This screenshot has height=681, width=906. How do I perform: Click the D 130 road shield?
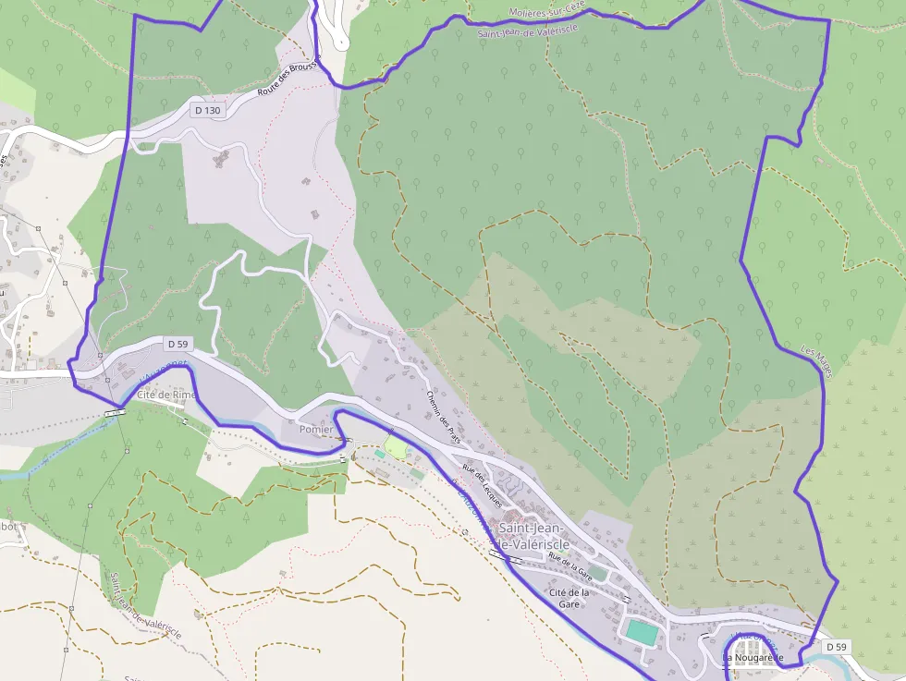click(x=207, y=110)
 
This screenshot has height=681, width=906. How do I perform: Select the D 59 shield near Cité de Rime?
click(x=178, y=343)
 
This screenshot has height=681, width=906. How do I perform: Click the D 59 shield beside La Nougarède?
click(x=836, y=646)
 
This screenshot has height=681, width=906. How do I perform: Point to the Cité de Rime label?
click(x=166, y=395)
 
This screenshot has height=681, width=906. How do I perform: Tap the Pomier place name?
click(x=316, y=430)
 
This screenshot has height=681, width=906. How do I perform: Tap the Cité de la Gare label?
click(x=569, y=597)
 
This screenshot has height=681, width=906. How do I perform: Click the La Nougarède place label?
click(x=753, y=658)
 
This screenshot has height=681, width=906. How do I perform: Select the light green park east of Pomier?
click(x=396, y=447)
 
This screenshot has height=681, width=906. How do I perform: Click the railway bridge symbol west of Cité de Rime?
click(x=116, y=412)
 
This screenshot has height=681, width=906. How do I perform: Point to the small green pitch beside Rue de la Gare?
click(x=599, y=574)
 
